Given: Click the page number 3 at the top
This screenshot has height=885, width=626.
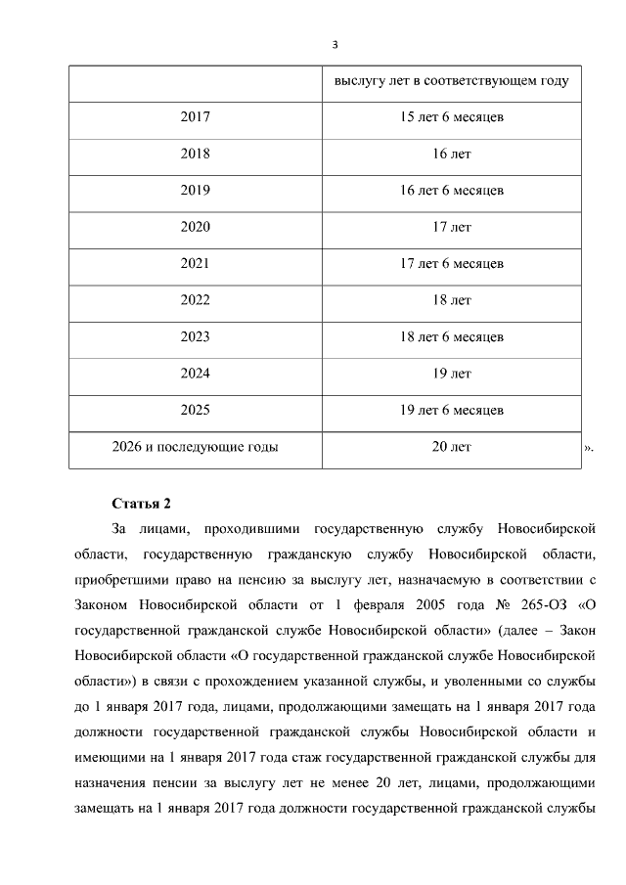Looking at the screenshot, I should pos(335,45).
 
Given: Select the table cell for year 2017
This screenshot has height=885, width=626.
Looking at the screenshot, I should pos(195,117).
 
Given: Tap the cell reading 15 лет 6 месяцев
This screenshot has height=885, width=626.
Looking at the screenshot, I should pos(452,117).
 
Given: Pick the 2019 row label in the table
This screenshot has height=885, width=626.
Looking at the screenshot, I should pos(195,191).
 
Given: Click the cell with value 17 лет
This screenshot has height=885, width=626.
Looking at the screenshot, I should pos(452,227).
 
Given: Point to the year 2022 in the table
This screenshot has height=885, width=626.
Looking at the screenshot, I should pos(195,300).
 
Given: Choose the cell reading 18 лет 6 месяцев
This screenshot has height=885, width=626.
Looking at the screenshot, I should pos(452,337).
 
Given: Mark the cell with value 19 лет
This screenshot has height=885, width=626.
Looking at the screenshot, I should pos(452,374).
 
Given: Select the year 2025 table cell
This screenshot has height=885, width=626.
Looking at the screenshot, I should pos(195,410).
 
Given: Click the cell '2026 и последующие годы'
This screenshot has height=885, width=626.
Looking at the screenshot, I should pos(195,447).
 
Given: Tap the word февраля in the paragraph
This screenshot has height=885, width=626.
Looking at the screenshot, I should pos(351,602).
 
